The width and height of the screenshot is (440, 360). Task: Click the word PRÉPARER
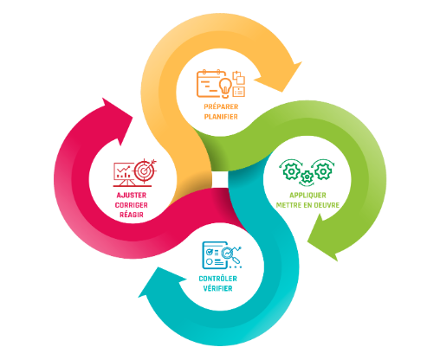click(221, 106)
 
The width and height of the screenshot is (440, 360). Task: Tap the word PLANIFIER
click(221, 117)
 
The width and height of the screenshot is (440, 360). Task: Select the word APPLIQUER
click(307, 196)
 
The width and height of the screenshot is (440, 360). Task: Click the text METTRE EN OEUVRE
click(307, 205)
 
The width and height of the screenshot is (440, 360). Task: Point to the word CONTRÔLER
click(218, 279)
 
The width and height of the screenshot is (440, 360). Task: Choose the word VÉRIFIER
click(218, 288)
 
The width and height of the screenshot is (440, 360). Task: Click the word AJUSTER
click(132, 196)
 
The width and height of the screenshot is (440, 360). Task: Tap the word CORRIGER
click(132, 205)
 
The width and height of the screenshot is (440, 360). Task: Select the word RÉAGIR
click(132, 215)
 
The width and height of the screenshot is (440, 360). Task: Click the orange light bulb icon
click(225, 87)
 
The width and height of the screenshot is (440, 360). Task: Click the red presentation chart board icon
click(124, 175)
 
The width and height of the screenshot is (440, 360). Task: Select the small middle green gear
click(307, 177)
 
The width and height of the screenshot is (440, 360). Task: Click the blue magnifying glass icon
click(230, 254)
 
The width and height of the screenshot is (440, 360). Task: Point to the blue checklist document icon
click(214, 255)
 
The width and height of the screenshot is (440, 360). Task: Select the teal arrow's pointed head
click(160, 283)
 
